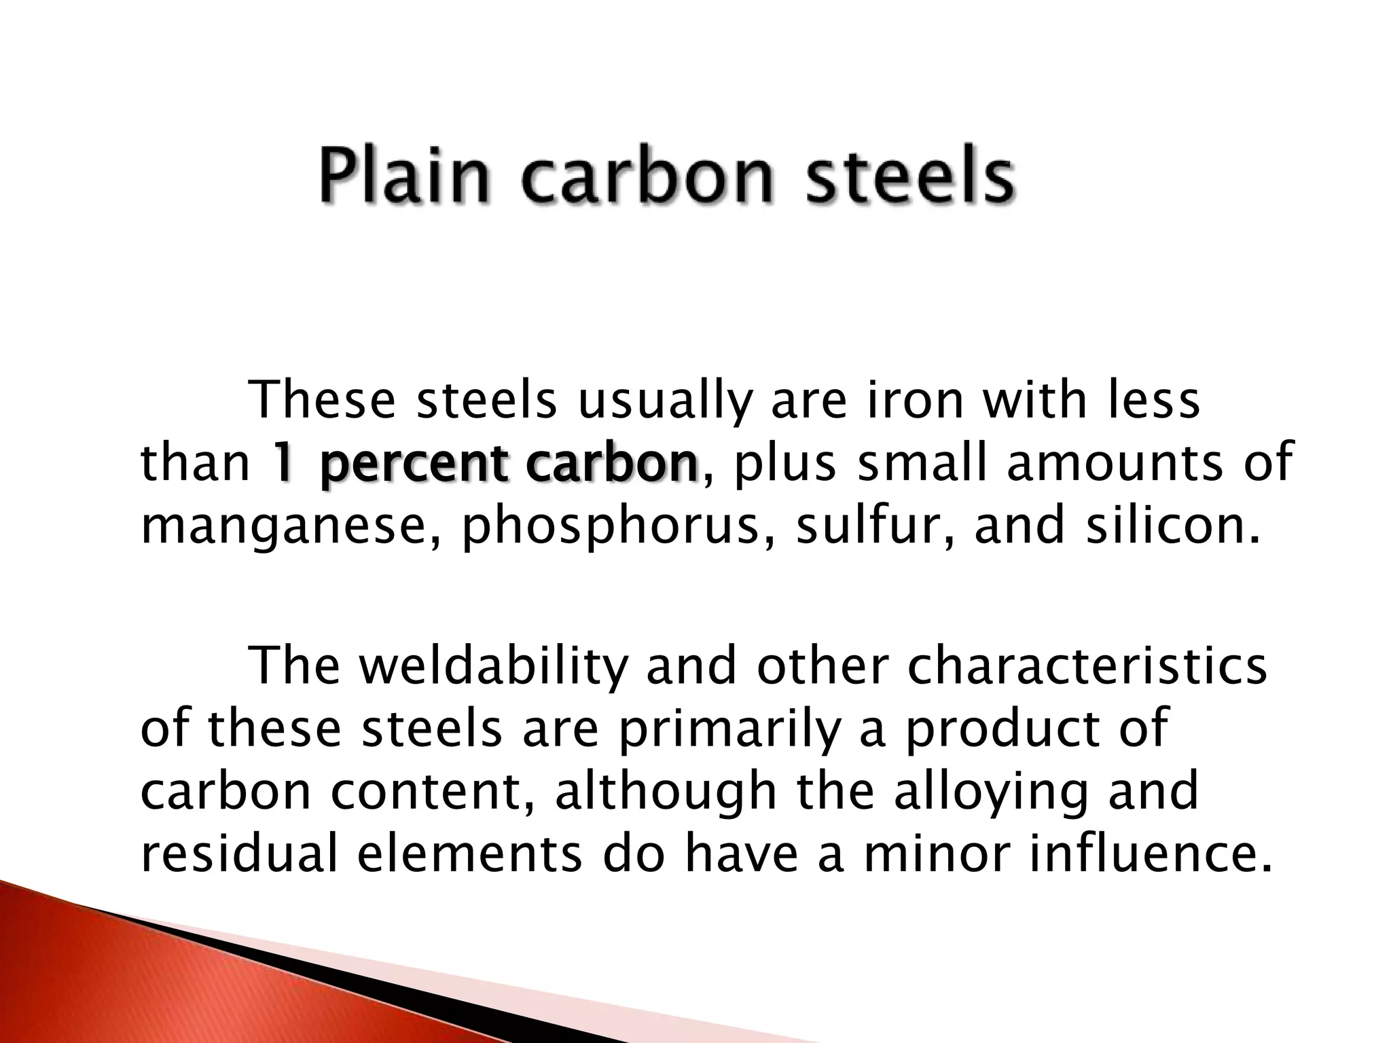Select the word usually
pos(665,402)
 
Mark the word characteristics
pos(1086,667)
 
